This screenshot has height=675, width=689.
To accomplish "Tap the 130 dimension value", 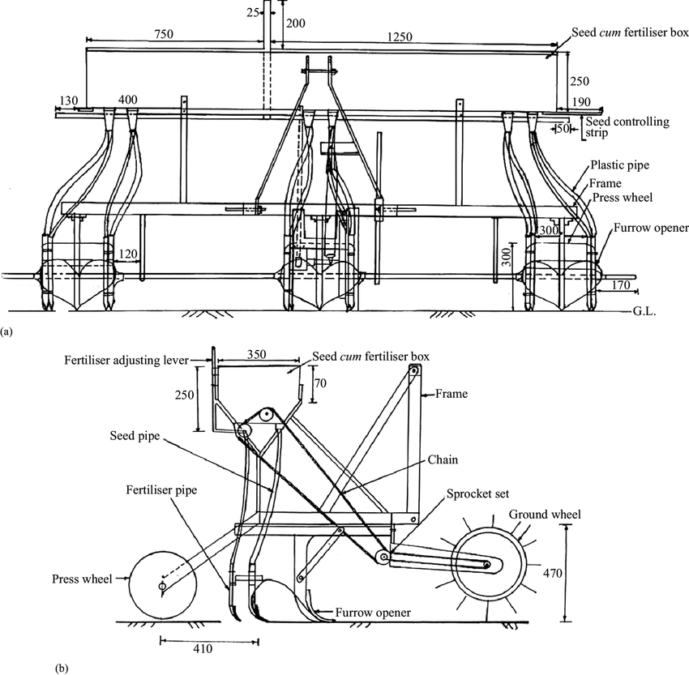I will [x=69, y=100].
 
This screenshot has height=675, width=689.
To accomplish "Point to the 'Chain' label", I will [x=444, y=459].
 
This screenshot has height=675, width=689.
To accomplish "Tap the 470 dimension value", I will [x=576, y=572].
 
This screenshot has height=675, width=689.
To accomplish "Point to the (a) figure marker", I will [x=7, y=331].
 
